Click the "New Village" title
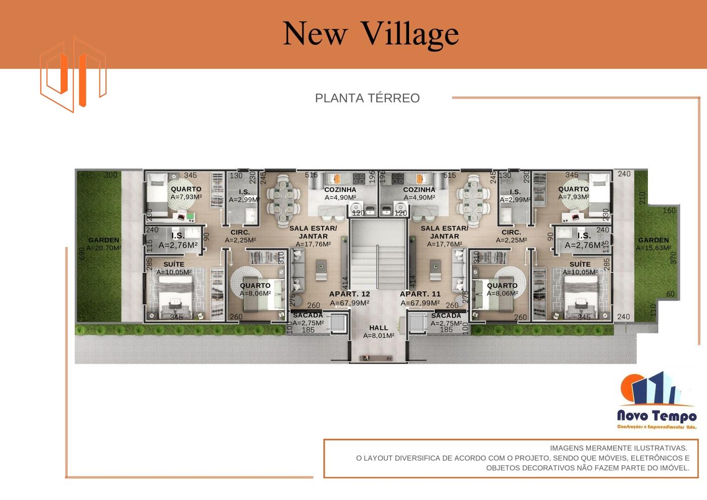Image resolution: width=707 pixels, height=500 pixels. pyautogui.click(x=371, y=33)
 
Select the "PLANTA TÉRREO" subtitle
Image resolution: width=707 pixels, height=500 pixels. pyautogui.click(x=367, y=98)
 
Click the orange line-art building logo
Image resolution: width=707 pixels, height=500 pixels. pyautogui.click(x=73, y=74)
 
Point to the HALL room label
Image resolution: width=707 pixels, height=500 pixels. pyautogui.click(x=378, y=328)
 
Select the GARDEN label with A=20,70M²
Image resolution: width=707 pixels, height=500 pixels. pyautogui.click(x=104, y=240)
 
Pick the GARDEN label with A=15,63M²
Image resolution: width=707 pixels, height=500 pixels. pyautogui.click(x=653, y=240)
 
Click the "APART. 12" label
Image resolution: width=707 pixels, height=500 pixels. pyautogui.click(x=349, y=294)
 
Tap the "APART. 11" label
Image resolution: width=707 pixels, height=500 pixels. pyautogui.click(x=420, y=294)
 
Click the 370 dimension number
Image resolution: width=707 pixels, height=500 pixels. pyautogui.click(x=673, y=258)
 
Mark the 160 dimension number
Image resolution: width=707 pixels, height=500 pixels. pyautogui.click(x=669, y=211)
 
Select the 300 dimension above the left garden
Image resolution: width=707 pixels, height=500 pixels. pyautogui.click(x=111, y=175)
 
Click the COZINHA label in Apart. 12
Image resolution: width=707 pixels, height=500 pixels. pyautogui.click(x=340, y=190)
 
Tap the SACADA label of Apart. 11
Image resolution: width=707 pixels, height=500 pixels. pyautogui.click(x=446, y=316)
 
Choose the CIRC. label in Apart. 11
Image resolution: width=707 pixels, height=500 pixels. pyautogui.click(x=511, y=232)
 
